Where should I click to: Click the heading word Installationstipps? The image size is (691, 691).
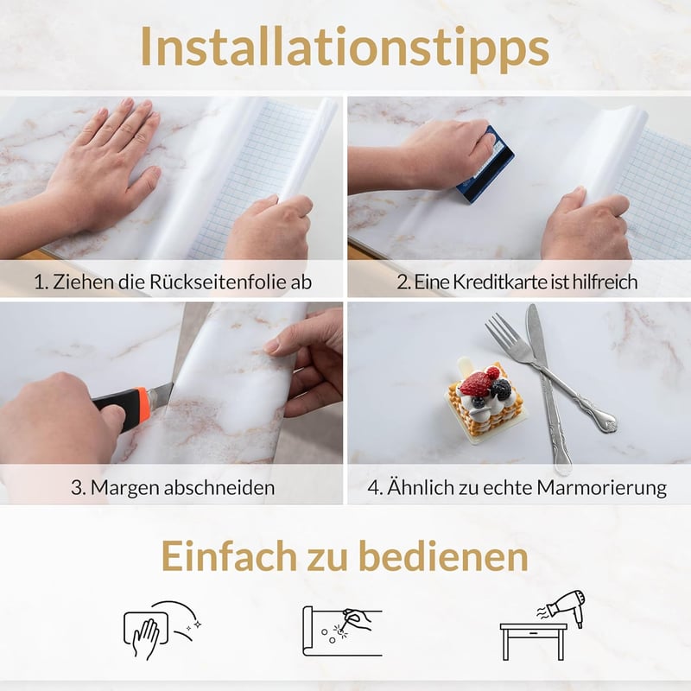coord(345,48)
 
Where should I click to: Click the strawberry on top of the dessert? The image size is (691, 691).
coord(476,383)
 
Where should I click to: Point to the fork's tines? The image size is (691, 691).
coord(499,330)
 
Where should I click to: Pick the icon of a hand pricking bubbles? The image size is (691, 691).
coord(342,631)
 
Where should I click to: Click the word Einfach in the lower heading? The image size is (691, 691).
coord(229,556)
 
